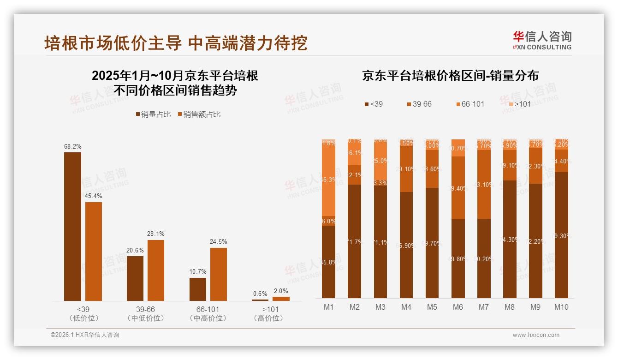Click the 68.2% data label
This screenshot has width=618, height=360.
(x=73, y=146)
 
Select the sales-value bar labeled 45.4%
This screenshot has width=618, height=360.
(x=94, y=252)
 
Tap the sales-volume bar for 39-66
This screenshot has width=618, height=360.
(x=135, y=278)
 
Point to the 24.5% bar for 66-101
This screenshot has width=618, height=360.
(x=219, y=274)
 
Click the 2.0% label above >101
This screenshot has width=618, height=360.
(x=280, y=291)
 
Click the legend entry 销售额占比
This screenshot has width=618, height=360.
(x=199, y=114)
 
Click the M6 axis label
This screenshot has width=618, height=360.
(x=458, y=307)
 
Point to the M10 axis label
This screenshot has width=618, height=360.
(x=561, y=307)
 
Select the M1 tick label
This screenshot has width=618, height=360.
(x=329, y=307)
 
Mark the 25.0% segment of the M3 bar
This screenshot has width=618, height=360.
(x=380, y=161)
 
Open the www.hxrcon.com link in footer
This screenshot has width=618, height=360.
(x=536, y=335)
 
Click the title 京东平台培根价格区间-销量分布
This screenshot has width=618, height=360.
(x=450, y=76)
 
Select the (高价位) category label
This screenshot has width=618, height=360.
(x=268, y=318)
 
